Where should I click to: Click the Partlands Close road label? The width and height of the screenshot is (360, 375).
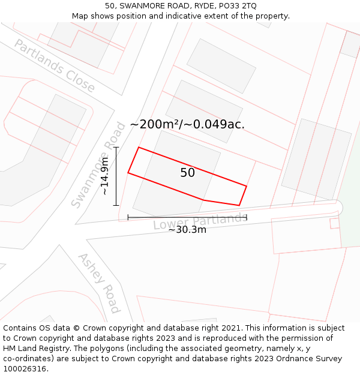55,66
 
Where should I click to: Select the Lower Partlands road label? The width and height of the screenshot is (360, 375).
199,221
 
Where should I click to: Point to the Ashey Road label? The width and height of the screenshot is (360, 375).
99,283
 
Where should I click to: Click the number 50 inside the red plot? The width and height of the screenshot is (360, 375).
187,173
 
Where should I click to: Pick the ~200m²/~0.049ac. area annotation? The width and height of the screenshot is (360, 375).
187,124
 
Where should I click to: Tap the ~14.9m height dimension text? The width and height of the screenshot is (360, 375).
105,176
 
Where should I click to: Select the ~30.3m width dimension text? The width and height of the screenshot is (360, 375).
187,230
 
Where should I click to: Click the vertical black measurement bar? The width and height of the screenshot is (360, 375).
116,176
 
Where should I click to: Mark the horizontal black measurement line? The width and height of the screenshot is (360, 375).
187,217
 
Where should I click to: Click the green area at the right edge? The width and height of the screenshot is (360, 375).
351,228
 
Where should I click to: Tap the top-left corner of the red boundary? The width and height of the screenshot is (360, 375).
139,147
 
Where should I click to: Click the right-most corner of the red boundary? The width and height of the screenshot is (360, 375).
247,186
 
